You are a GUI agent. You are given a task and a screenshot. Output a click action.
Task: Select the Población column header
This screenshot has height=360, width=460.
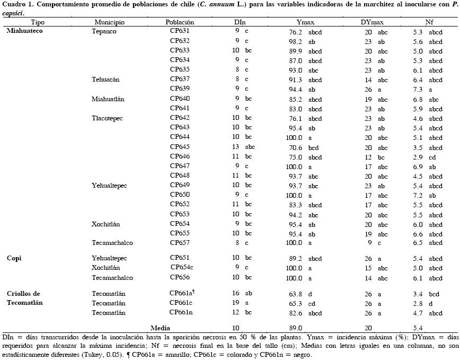[x=180, y=22]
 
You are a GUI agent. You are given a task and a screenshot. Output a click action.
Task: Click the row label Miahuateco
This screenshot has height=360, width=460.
[x=24, y=31]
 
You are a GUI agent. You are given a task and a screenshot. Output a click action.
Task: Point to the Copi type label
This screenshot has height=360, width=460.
[x=14, y=258]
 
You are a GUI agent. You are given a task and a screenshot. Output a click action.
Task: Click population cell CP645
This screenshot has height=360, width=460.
[x=180, y=147]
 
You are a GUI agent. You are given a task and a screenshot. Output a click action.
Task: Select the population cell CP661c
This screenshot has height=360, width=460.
[x=181, y=303]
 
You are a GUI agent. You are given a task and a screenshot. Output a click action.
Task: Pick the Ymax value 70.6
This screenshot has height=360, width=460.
[x=295, y=147]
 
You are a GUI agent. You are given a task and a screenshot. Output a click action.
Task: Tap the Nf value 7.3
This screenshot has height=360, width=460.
[x=418, y=89]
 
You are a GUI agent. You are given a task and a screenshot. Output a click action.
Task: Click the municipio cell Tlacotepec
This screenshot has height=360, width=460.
[x=107, y=118]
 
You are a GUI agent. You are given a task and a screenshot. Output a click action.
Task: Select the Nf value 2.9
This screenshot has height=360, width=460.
[x=418, y=157]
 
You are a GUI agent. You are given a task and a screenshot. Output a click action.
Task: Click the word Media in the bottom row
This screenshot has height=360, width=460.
[x=160, y=328]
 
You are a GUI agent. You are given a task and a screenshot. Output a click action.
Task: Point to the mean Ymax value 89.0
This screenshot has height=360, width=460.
[x=295, y=328]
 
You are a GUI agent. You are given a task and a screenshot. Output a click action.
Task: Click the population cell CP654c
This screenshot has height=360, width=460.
[x=181, y=268]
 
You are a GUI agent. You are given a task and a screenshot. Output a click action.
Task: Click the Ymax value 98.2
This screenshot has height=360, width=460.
[x=295, y=41]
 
